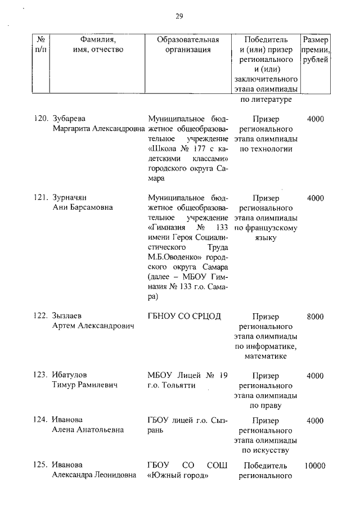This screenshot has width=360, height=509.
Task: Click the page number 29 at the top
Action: pos(179,16)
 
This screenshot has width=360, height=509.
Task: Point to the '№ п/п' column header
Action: pos(40,44)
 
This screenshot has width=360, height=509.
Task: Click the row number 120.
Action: pos(39,119)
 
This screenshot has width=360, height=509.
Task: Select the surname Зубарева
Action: pos(69,119)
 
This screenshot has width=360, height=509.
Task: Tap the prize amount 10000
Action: pos(315,466)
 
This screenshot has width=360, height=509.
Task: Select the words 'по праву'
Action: pos(266,405)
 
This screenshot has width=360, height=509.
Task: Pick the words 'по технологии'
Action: pos(266,149)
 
